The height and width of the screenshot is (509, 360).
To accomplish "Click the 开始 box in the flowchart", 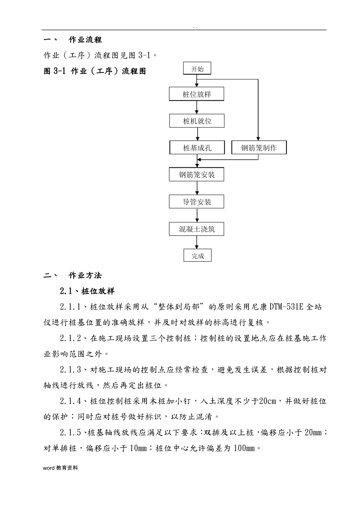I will (197, 69).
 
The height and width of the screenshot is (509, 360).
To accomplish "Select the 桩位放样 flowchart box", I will (197, 94).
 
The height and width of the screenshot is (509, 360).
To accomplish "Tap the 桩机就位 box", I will (197, 121).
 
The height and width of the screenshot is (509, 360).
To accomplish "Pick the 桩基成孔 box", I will (197, 148).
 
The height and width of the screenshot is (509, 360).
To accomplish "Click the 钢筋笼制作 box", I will (259, 148).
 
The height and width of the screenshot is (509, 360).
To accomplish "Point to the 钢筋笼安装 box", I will (197, 175).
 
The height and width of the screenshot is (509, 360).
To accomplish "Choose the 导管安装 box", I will (197, 202).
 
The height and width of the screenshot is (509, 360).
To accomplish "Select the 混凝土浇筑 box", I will (197, 229).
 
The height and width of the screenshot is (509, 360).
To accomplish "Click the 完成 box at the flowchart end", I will (197, 256).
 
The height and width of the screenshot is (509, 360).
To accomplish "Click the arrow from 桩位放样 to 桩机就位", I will (197, 108).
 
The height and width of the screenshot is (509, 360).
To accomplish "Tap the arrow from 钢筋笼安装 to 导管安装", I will (197, 188).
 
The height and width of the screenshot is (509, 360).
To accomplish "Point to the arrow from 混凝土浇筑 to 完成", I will (197, 242).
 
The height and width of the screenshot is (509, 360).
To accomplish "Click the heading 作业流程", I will (85, 40).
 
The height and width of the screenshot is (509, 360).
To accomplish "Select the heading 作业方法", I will (85, 275).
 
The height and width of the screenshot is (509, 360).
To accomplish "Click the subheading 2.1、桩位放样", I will (87, 291).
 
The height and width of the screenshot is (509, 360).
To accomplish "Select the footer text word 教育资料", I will (60, 468).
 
